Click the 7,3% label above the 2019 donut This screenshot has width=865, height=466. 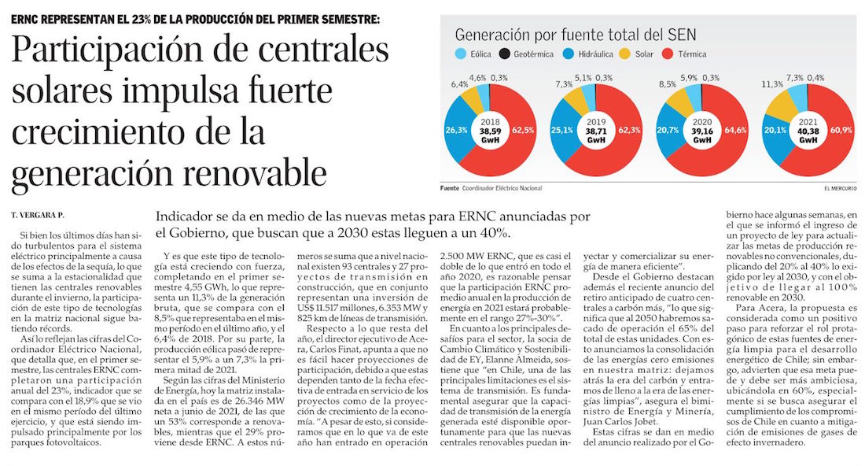564,84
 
